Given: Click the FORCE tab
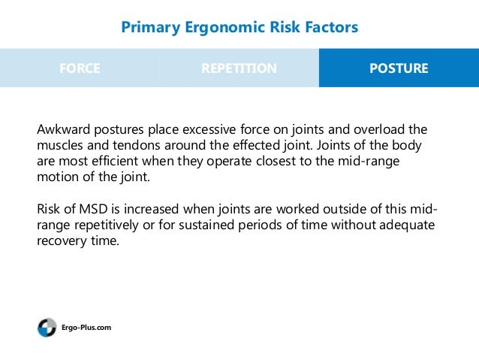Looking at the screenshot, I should coord(80,68).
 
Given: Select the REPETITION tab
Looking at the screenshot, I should coord(239,68).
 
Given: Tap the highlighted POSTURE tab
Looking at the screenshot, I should coord(399,68).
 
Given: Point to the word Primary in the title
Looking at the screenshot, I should coord(148,28).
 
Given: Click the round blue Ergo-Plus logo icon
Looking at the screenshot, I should coord(47,328).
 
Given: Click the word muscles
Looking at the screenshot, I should coord(59,144).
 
